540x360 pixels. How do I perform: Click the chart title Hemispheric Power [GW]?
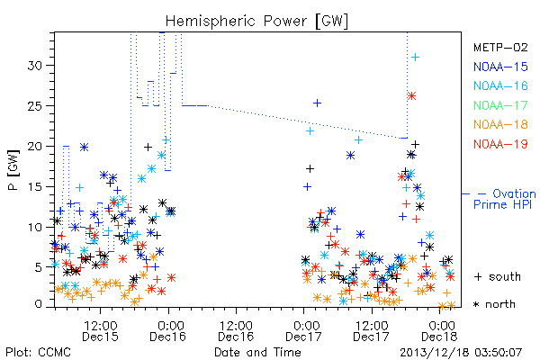(256, 21)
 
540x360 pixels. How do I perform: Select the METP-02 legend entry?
(500, 47)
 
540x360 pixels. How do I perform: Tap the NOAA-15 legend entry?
(500, 67)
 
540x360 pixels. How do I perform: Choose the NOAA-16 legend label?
(500, 85)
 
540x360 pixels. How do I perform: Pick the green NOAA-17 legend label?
(500, 105)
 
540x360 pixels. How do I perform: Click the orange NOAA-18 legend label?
(500, 124)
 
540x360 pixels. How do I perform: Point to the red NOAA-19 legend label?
(500, 144)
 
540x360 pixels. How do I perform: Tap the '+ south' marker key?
(498, 276)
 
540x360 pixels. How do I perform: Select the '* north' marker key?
(494, 304)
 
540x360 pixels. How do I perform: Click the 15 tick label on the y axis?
(35, 186)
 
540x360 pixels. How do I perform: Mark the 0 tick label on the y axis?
(39, 304)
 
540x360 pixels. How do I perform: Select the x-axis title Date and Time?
(257, 353)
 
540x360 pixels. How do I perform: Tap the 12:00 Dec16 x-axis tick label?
(236, 331)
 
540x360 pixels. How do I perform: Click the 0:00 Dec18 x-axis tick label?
(440, 331)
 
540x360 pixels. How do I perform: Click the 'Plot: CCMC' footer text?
(38, 353)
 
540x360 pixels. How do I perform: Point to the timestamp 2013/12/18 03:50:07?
(461, 353)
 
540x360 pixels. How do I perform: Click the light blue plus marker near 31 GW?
(416, 58)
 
